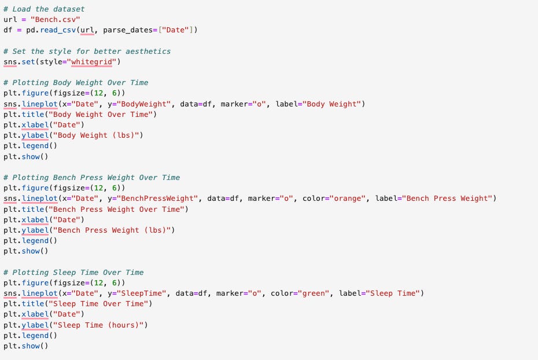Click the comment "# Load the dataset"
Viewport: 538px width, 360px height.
coord(44,9)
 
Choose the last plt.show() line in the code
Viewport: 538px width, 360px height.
coord(26,346)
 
